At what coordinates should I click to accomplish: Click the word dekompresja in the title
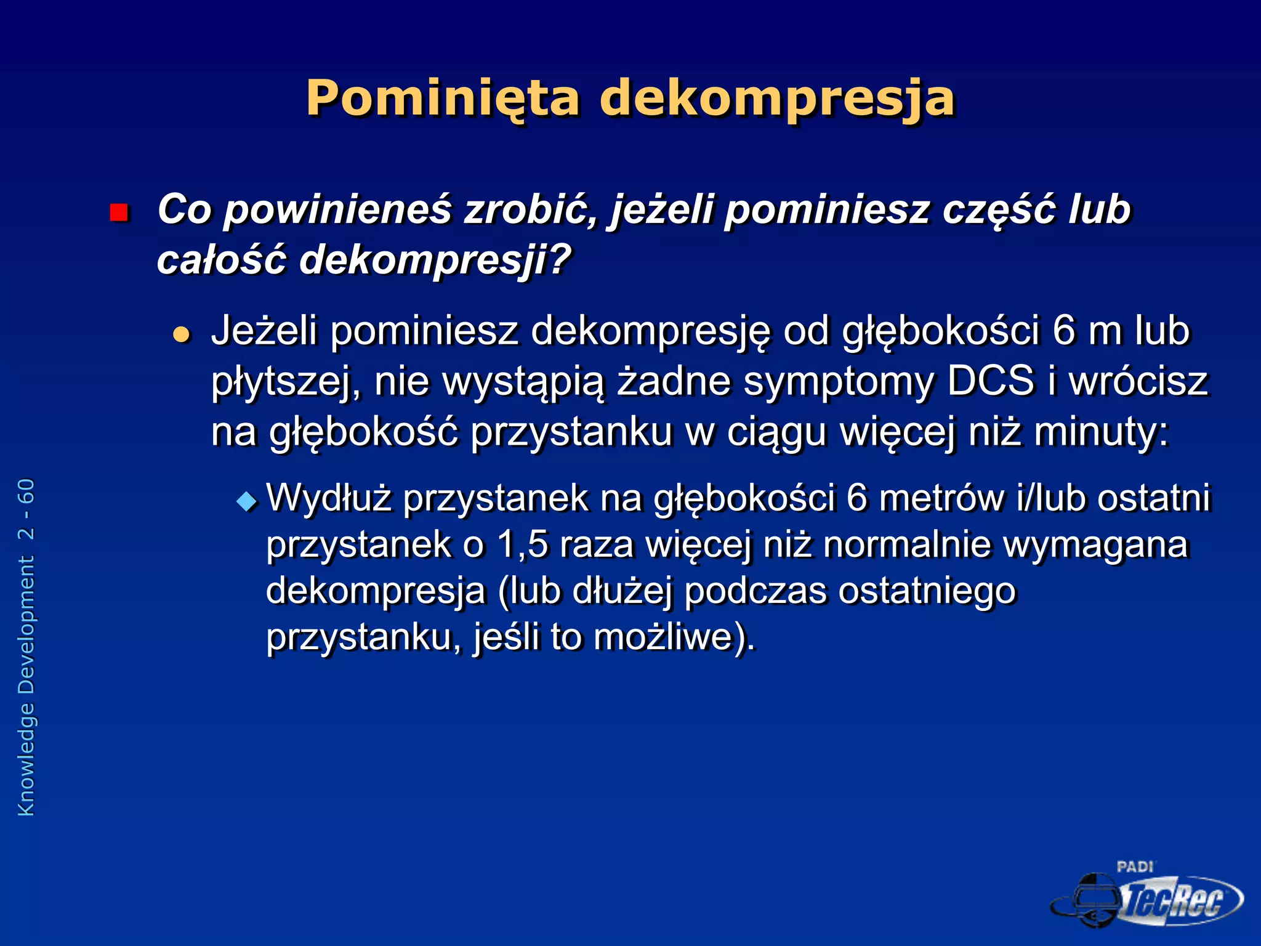click(777, 99)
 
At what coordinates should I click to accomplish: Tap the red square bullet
click(118, 212)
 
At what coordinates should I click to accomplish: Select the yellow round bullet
click(182, 335)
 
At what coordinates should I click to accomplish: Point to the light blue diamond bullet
click(247, 501)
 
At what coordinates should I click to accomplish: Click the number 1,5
click(522, 545)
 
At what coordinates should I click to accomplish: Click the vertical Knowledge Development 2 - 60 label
click(26, 647)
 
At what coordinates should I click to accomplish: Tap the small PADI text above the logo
click(1135, 867)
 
